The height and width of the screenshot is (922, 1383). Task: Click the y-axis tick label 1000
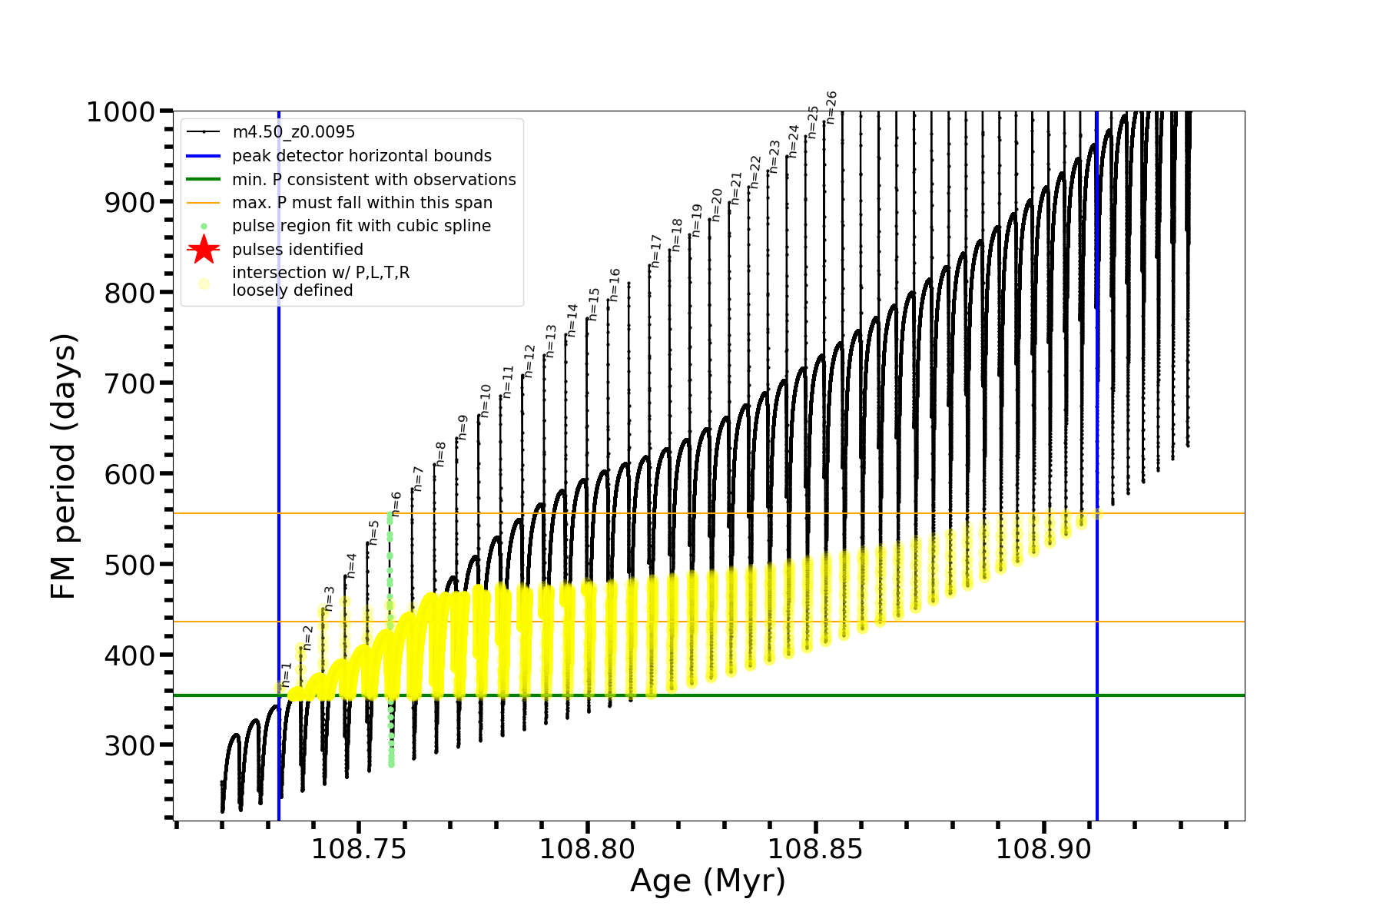tap(121, 112)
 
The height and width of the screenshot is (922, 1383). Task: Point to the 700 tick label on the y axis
tap(130, 383)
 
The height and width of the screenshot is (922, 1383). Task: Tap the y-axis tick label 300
tap(130, 745)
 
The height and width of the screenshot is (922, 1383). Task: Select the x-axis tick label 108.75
tap(359, 849)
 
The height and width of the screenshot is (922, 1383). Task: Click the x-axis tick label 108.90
tap(1043, 849)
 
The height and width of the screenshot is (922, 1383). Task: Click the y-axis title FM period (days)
tap(64, 466)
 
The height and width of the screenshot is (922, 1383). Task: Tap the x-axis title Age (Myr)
tap(708, 881)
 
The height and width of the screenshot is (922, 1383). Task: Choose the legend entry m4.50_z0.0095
tap(294, 132)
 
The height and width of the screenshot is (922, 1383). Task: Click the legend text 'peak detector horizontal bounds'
tap(362, 156)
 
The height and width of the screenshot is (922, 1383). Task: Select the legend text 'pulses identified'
tap(297, 250)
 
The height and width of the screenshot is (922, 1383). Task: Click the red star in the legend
tap(204, 250)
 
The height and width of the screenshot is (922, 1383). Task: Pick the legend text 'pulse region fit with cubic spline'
tap(361, 226)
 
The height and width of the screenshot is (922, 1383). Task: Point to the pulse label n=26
tap(831, 106)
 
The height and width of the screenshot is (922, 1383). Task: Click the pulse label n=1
tap(287, 675)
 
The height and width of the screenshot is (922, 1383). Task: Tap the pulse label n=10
tap(486, 400)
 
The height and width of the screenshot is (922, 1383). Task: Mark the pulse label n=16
tap(615, 284)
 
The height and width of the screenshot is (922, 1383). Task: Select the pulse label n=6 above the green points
tap(396, 503)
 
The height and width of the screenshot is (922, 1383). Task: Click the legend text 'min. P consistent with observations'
tap(374, 180)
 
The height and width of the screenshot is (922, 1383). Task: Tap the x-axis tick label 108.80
tap(587, 849)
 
